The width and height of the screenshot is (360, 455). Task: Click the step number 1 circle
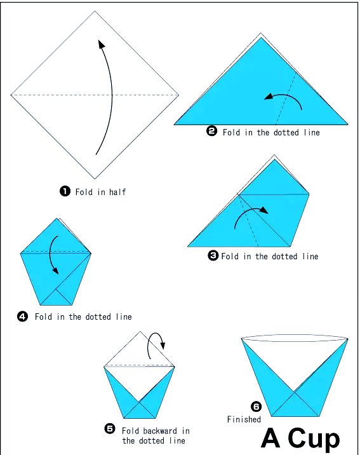coord(65,191)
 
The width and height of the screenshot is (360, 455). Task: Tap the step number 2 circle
coord(212,131)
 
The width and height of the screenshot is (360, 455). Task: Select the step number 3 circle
coord(213,255)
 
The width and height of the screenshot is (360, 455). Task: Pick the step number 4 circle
coord(23,316)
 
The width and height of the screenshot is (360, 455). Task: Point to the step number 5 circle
coord(110,428)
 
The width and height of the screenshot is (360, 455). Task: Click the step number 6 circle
coord(257,407)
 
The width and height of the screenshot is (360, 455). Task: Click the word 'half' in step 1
coord(117,192)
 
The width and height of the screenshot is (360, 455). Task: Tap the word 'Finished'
coord(244,419)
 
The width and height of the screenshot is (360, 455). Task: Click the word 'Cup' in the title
coord(314,438)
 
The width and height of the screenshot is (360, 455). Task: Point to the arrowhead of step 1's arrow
coord(101,44)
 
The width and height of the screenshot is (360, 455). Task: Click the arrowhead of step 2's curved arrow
coord(268,97)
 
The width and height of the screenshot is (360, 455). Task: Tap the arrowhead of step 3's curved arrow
coord(264,210)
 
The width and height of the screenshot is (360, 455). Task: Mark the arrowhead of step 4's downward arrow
coord(55,271)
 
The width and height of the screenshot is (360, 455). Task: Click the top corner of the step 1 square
coord(95,11)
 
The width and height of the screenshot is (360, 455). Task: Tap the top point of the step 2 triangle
coord(261,37)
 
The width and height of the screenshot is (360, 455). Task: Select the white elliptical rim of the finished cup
coord(295,338)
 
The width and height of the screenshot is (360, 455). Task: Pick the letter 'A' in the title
coord(270,438)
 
